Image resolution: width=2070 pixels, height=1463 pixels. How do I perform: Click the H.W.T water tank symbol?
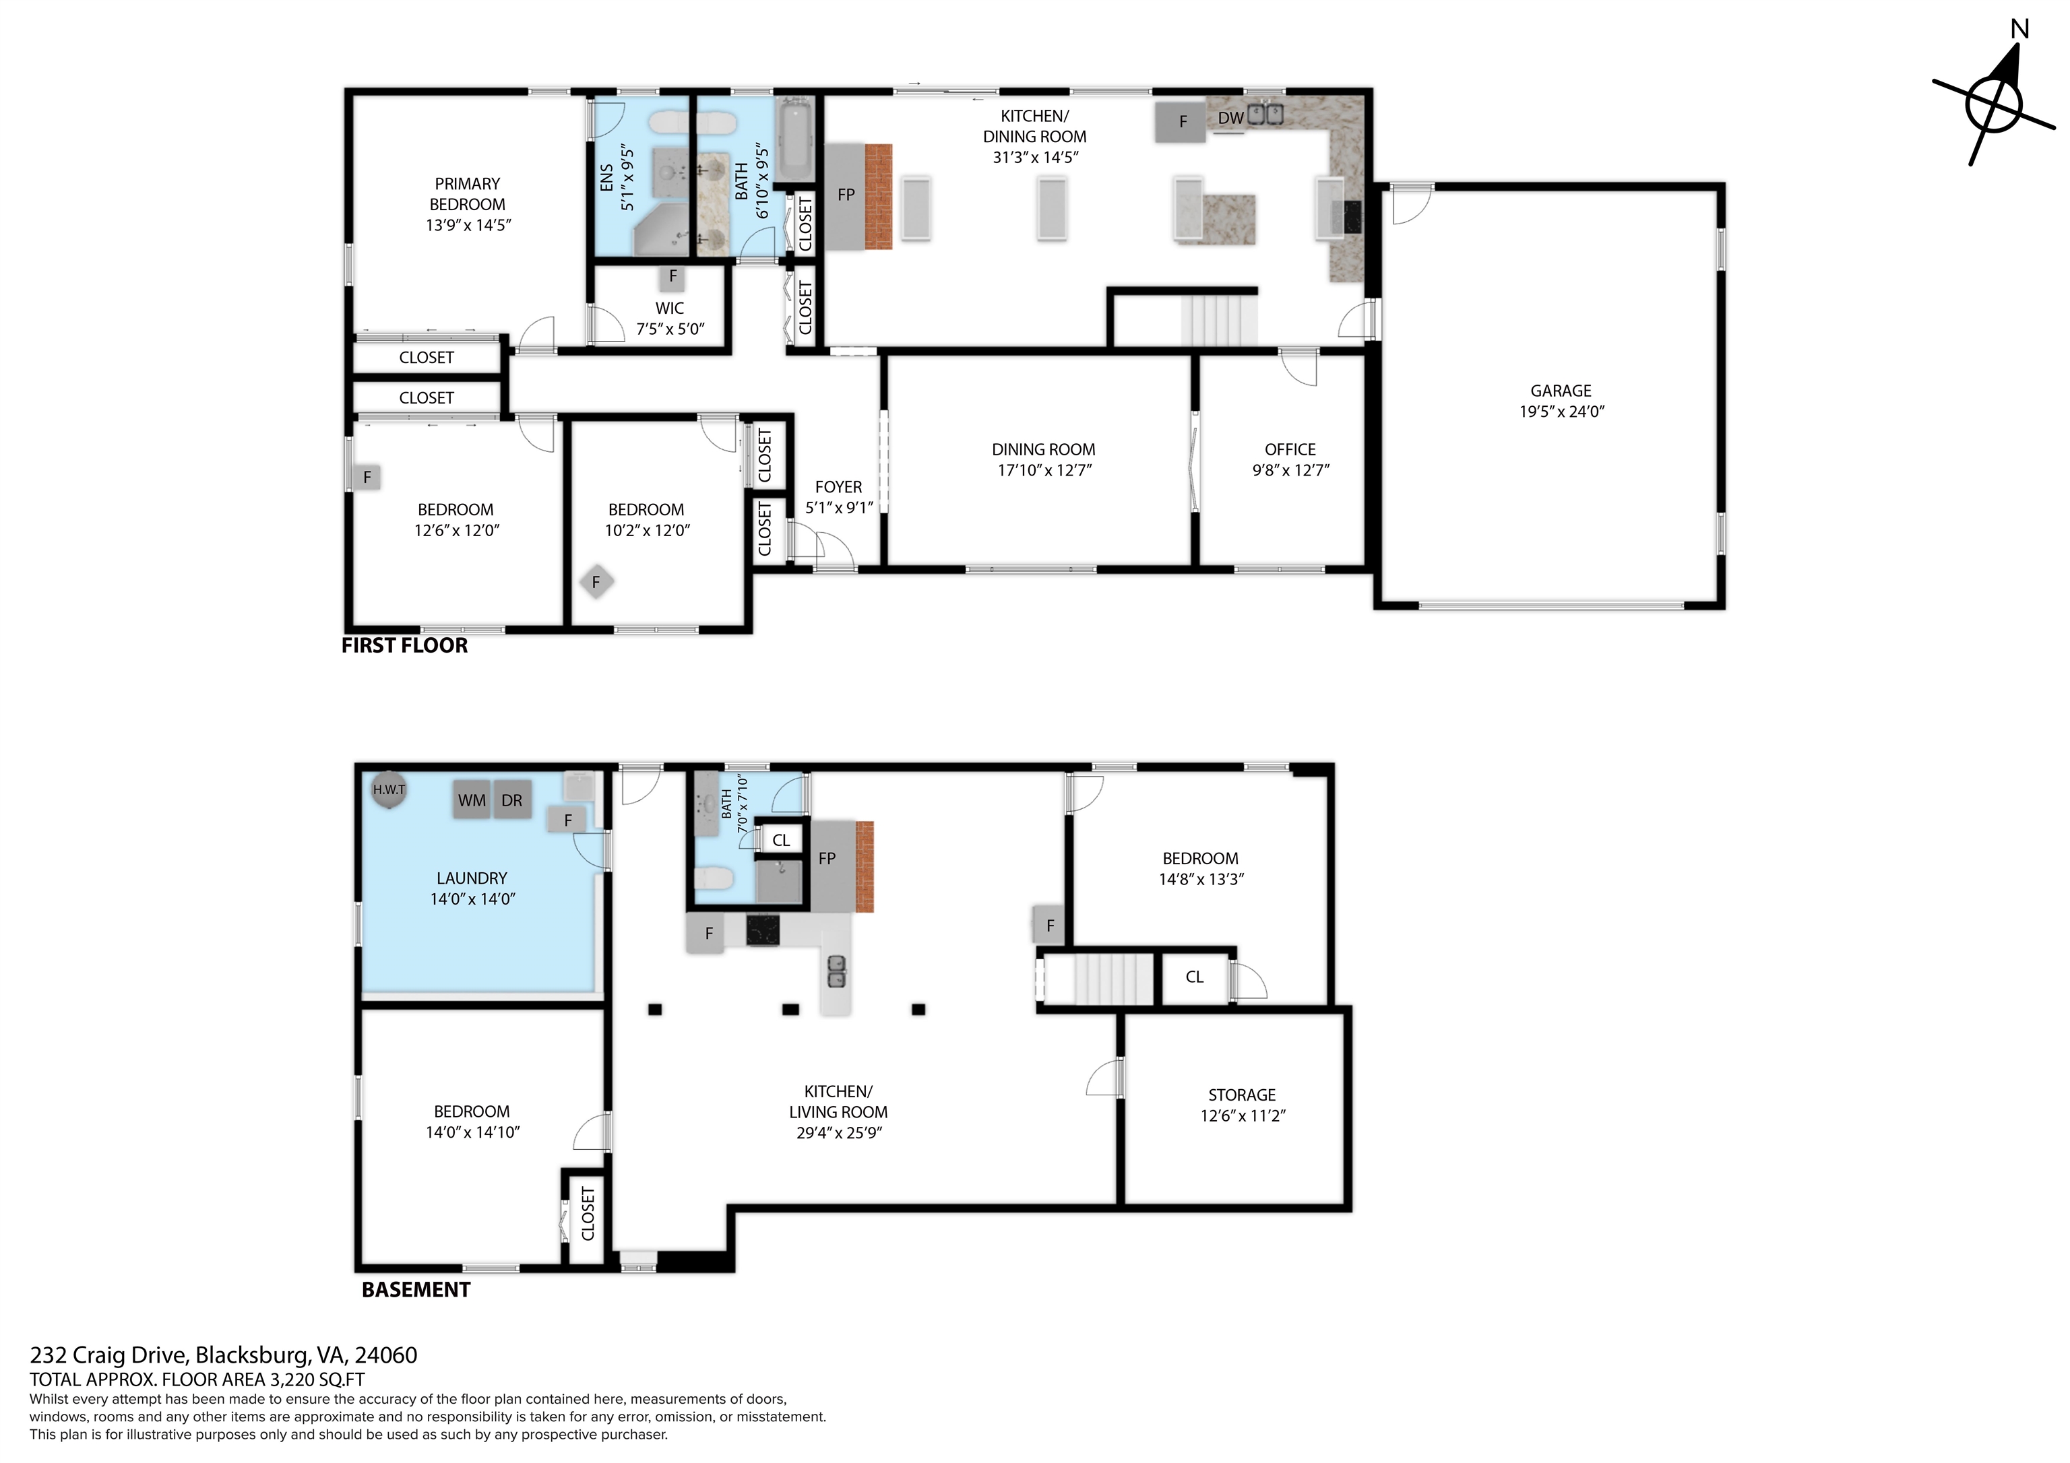pos(389,789)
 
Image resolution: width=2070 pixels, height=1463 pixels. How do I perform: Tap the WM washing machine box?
pos(472,800)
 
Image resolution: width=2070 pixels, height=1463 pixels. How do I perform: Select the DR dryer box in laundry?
pos(511,800)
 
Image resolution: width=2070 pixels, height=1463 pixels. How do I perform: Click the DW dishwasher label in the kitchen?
pos(1230,118)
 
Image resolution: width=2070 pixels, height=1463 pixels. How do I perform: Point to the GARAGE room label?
pos(1561,390)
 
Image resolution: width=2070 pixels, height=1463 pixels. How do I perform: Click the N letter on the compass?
pos(2019,29)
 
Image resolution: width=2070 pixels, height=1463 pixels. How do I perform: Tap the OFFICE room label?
pos(1290,449)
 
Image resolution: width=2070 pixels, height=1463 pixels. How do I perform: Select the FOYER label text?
pos(838,487)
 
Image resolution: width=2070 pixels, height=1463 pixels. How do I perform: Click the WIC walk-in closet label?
pos(670,308)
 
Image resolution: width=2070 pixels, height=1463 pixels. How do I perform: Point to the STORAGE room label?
pos(1241,1095)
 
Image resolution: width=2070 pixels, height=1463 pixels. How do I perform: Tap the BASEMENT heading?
pos(416,1290)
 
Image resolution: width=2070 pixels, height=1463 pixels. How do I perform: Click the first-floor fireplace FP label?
pos(846,195)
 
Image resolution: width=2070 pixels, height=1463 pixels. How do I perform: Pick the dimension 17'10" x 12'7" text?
pos(1044,469)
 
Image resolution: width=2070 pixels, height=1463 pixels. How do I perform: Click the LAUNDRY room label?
pos(472,877)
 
